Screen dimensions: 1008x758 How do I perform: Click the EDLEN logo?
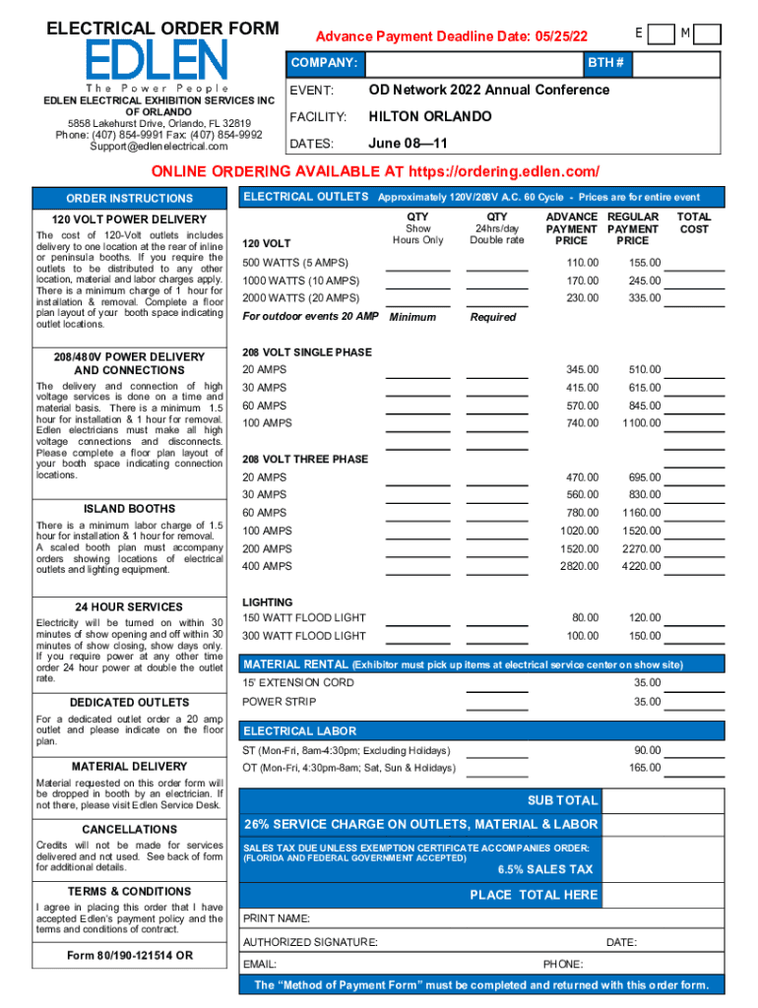click(x=157, y=61)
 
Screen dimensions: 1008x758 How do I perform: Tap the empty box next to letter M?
click(x=708, y=34)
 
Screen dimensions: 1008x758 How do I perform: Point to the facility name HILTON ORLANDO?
click(x=430, y=117)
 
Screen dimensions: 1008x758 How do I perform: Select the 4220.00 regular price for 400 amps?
click(x=642, y=566)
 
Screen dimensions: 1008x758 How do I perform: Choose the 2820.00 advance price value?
click(x=579, y=566)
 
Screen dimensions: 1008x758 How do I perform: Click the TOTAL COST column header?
click(x=693, y=222)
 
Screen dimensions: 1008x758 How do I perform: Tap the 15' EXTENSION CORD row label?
click(x=298, y=682)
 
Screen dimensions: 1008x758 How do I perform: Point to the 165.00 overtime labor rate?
click(x=646, y=768)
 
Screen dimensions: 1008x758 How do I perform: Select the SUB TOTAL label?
click(x=563, y=800)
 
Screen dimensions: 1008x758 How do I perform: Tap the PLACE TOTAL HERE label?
click(x=534, y=895)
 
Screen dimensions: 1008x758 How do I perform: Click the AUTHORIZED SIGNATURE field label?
click(x=310, y=942)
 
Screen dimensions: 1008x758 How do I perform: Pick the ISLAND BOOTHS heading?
click(x=130, y=509)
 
